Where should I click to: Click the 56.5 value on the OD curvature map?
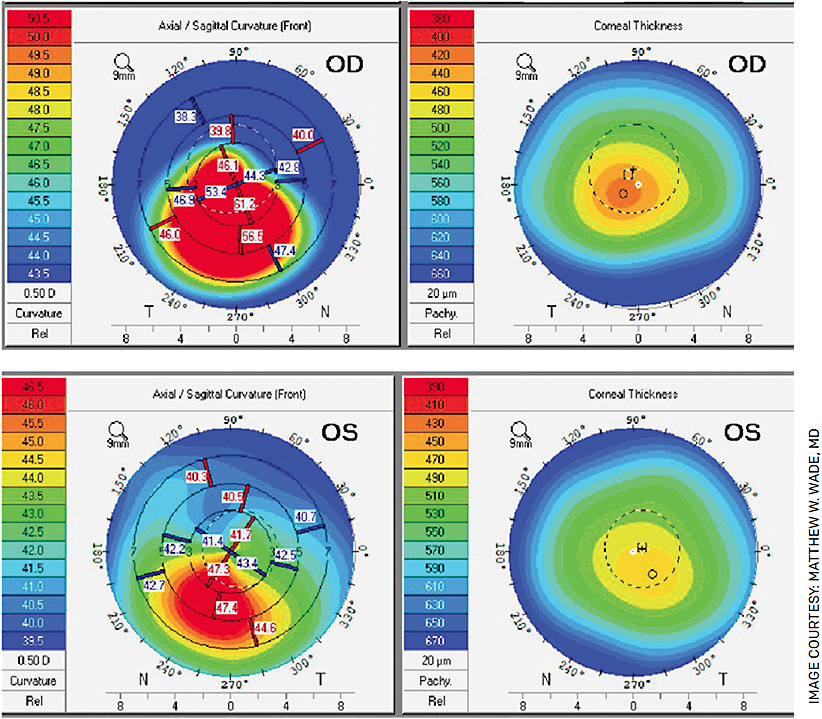click(251, 235)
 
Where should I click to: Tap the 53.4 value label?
click(216, 191)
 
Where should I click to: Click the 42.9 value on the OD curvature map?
click(288, 167)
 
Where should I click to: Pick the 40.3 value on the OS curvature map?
click(197, 478)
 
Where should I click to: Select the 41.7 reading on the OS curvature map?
click(240, 536)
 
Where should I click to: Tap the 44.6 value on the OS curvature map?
click(264, 628)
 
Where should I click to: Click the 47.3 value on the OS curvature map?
click(218, 569)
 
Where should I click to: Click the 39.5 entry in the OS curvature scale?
click(36, 640)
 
